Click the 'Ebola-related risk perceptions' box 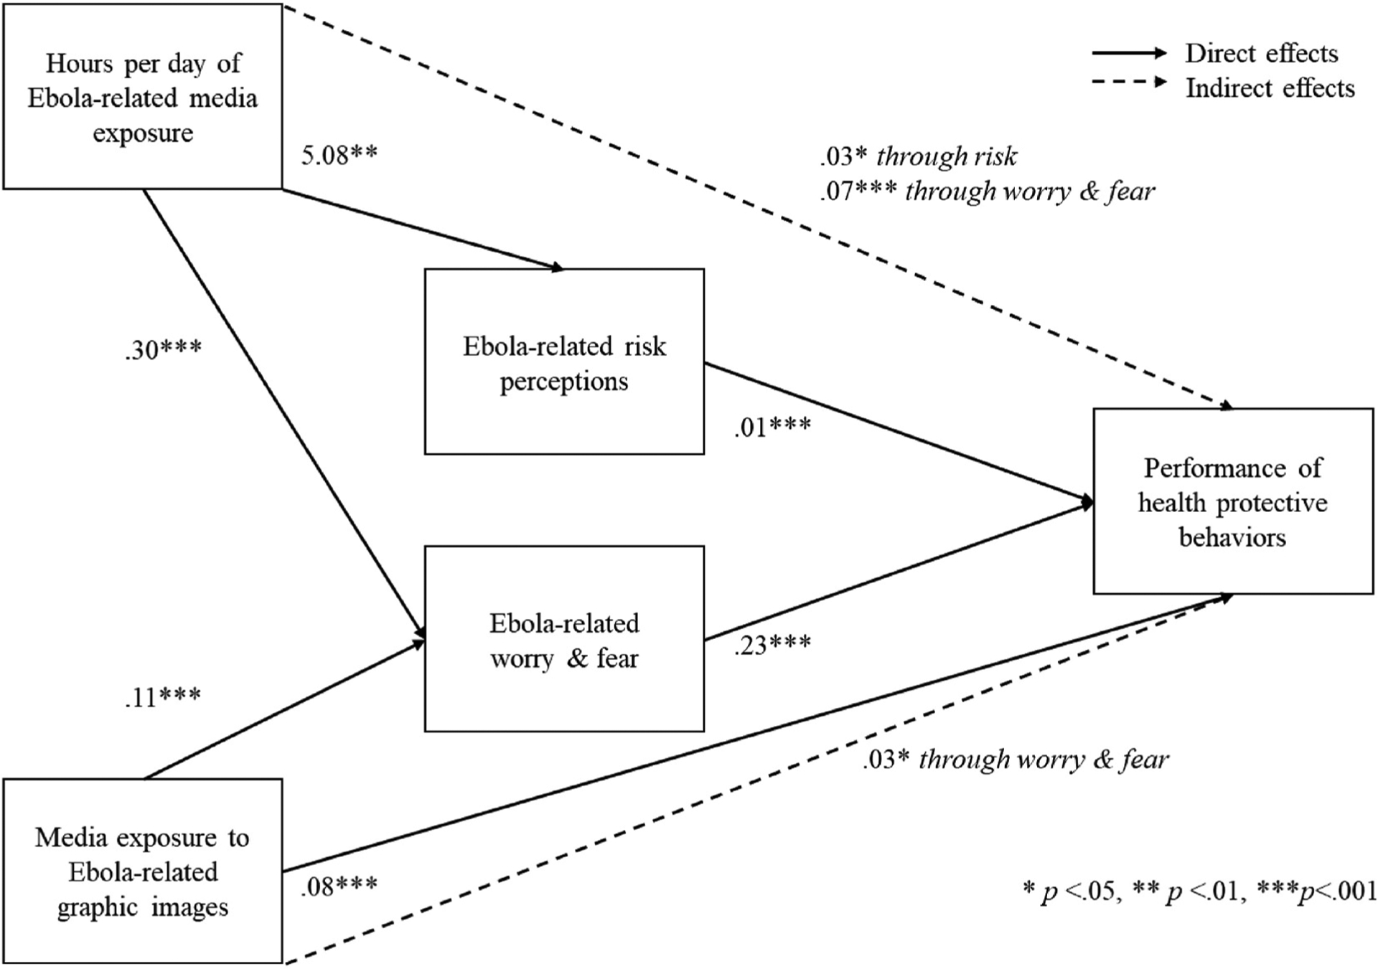tap(564, 362)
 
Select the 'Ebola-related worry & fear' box tap(564, 639)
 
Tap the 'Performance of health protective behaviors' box tap(1232, 501)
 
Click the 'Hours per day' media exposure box tap(142, 97)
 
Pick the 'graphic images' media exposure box tap(142, 871)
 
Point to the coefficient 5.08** tap(339, 155)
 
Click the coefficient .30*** tap(164, 350)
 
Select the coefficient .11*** tap(163, 696)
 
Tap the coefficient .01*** tap(772, 427)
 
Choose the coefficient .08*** tap(339, 887)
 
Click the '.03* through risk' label tap(919, 156)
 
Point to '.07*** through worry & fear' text tap(988, 191)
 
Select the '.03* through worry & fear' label tap(1016, 759)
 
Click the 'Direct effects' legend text tap(1261, 53)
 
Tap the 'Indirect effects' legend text tap(1270, 88)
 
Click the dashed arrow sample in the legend tap(1129, 82)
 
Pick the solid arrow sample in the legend tap(1129, 53)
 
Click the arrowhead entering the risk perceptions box tap(557, 268)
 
